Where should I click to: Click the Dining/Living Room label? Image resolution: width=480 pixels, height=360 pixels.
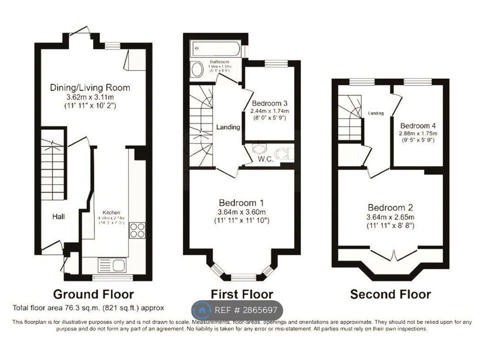tap(90, 87)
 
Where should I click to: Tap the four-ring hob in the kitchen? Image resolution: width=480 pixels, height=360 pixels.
tap(137, 231)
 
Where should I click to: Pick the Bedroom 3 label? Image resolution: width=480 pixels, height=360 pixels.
tap(267, 97)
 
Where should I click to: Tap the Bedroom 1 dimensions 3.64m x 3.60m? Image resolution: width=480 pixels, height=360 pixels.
tap(241, 212)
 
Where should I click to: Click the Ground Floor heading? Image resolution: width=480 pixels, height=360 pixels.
tap(93, 293)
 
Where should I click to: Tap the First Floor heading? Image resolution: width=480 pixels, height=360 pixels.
tap(241, 293)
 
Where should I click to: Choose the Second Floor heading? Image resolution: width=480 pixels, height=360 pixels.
tap(390, 293)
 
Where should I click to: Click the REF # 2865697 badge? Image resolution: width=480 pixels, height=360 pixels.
tap(237, 310)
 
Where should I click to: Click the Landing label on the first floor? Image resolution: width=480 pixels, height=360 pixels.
tap(228, 127)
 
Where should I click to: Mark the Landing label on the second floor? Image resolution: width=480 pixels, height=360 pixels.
tap(376, 113)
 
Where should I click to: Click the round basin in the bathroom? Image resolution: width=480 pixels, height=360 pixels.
tap(197, 69)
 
